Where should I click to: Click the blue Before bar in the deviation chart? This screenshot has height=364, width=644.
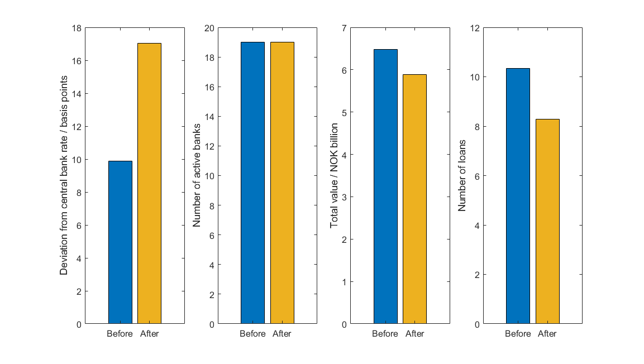click(120, 242)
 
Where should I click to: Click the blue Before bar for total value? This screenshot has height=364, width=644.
click(385, 186)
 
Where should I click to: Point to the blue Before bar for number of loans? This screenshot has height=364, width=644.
click(518, 196)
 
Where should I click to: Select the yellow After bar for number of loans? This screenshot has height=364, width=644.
click(547, 221)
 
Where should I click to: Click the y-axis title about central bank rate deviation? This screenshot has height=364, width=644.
click(64, 175)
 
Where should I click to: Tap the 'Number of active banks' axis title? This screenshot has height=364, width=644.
click(197, 175)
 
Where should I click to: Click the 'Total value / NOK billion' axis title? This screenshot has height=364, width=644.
click(335, 175)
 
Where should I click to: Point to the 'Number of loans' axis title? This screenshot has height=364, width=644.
click(462, 175)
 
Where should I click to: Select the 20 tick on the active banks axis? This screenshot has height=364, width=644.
click(209, 28)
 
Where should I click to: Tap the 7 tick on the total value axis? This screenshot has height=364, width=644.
click(344, 28)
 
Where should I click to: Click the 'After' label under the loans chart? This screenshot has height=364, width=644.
click(547, 334)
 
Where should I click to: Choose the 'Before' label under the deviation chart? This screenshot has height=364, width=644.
click(120, 334)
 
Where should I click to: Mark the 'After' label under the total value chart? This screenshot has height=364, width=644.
click(414, 334)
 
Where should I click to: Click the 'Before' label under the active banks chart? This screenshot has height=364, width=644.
click(252, 334)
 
